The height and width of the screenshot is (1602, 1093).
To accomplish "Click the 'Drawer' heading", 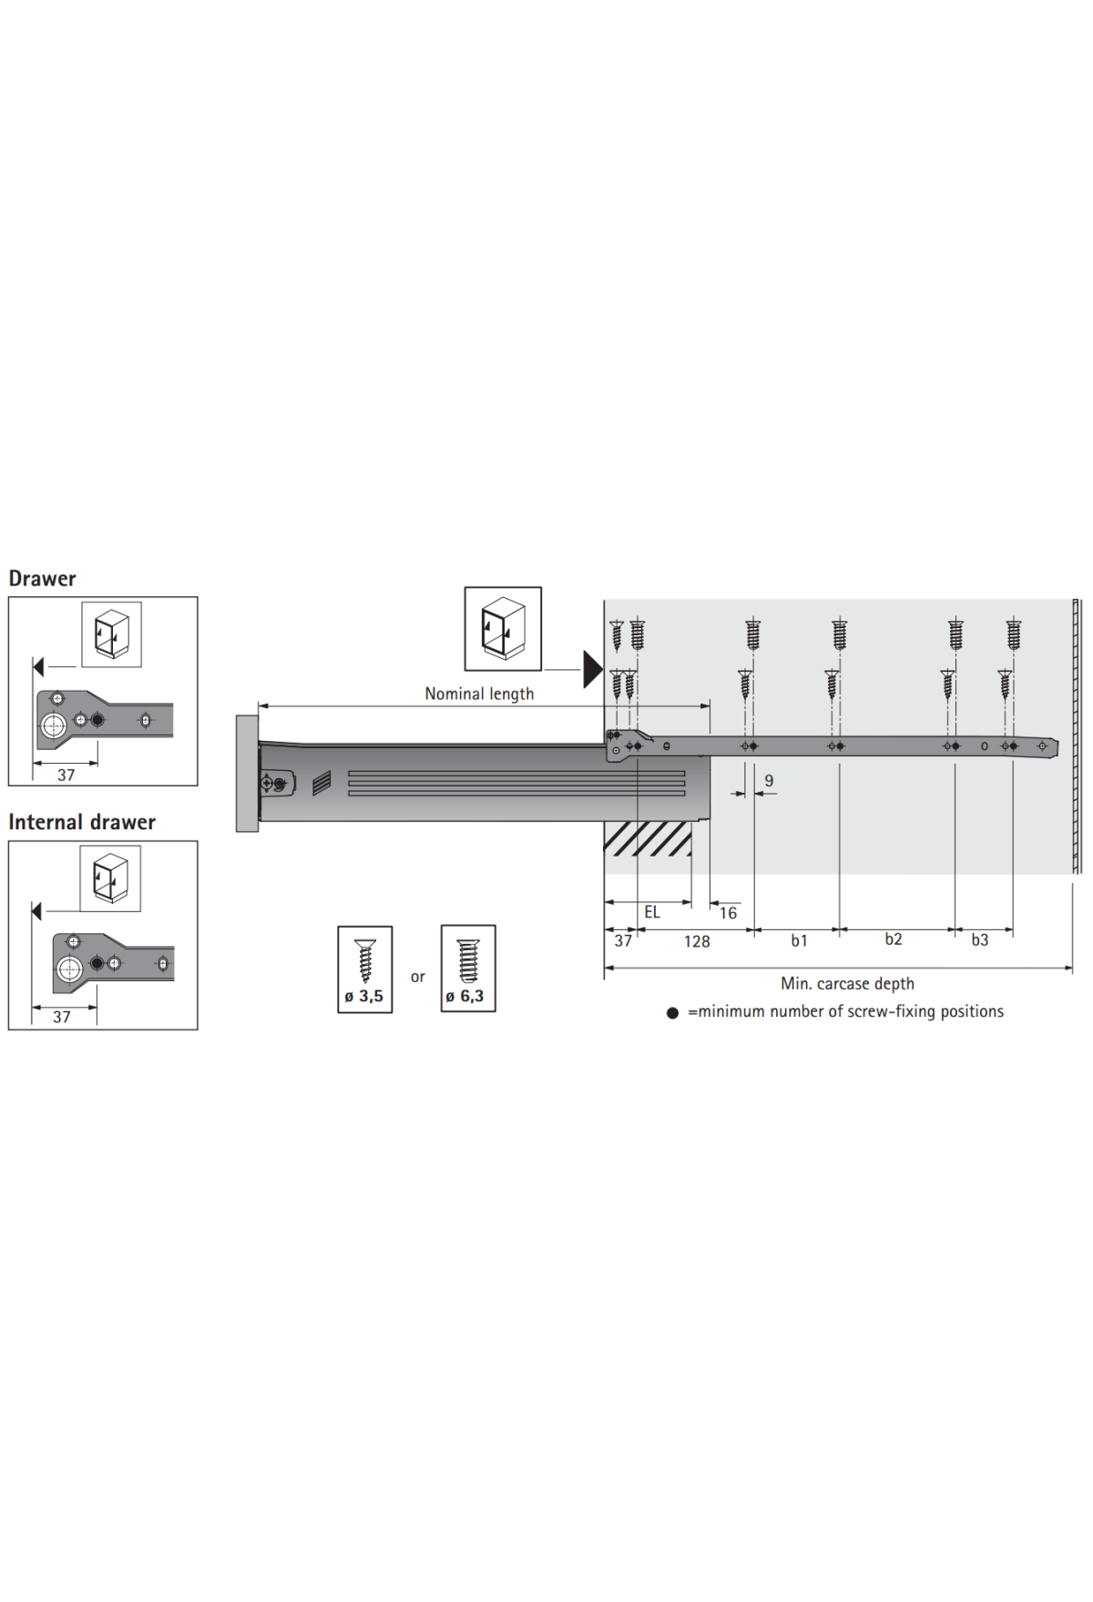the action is [x=42, y=579].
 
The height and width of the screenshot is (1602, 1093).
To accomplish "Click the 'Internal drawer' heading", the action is [x=82, y=823].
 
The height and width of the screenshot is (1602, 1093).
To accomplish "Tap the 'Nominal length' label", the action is [x=479, y=694].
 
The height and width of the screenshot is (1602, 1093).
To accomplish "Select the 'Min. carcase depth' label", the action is [x=847, y=984].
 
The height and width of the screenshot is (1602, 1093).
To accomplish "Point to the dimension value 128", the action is [x=697, y=941].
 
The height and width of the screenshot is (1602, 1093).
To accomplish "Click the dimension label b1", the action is [x=799, y=940].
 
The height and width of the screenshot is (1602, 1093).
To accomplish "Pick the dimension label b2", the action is [x=894, y=938].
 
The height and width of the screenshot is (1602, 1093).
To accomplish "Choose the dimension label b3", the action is [x=979, y=940].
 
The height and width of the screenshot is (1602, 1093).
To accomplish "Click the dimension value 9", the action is [x=769, y=781].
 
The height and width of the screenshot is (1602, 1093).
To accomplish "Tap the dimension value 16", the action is [x=728, y=913].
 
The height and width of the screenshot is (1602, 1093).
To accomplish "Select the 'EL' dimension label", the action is [x=652, y=912].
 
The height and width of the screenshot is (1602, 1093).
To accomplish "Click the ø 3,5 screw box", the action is [x=364, y=969].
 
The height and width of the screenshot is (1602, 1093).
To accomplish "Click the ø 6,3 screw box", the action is [x=468, y=968].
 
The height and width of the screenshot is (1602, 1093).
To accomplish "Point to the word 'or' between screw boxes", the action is [x=417, y=978].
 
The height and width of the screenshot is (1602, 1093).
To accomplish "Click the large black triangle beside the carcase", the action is [x=592, y=669].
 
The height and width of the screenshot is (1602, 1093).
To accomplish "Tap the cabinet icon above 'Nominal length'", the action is [x=503, y=629].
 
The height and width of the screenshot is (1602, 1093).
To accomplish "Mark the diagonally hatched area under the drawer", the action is [x=648, y=839].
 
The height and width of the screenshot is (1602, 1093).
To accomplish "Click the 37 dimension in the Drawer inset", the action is [x=66, y=776].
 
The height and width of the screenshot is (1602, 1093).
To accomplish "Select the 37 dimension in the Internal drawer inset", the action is [x=61, y=1017].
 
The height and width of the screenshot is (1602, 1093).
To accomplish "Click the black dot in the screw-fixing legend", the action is [x=672, y=1013].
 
